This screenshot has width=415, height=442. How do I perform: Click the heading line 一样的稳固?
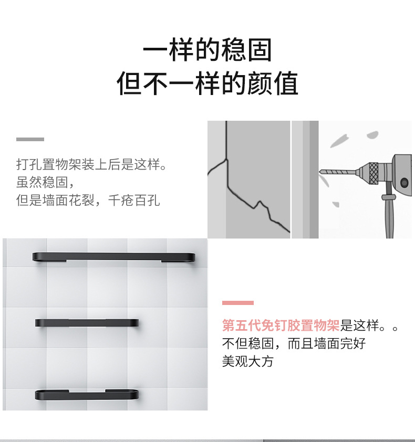coord(207,50)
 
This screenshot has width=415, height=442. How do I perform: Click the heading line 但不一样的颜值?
coord(207,83)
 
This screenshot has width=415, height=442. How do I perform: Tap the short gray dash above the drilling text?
coord(30,139)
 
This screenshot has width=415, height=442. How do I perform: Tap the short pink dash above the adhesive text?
coord(238,303)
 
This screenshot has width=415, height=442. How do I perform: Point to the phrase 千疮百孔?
coord(134,200)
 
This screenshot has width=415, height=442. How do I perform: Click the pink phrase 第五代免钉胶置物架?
coord(281,325)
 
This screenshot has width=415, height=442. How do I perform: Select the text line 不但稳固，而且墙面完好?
coord(294,343)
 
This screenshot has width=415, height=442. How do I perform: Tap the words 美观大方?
coord(248,361)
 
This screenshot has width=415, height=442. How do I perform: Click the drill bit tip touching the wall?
coord(320,171)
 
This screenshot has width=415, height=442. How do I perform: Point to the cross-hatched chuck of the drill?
coord(373,173)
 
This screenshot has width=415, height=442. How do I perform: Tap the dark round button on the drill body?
coord(404,182)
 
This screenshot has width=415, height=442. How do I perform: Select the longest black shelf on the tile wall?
coord(113,257)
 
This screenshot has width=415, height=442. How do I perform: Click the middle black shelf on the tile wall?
coord(87,323)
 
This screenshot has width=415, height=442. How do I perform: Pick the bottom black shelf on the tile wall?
coord(87,395)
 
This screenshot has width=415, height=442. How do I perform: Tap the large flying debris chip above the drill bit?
coord(339,141)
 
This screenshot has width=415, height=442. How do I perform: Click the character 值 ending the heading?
coord(286,83)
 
